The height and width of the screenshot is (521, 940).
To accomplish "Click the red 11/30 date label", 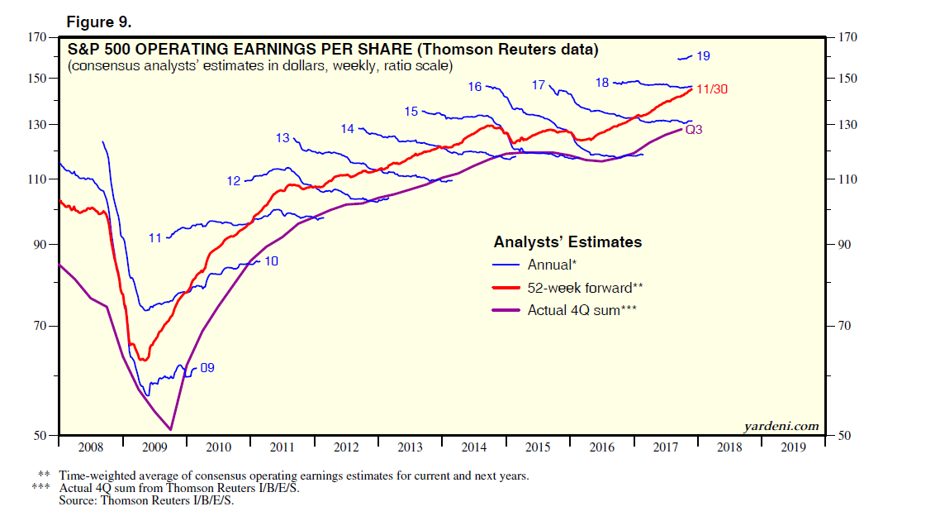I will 715,89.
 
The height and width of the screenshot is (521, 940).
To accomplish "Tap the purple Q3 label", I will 693,130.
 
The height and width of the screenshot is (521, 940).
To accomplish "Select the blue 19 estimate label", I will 703,56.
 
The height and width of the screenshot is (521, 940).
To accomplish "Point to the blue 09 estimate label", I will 207,367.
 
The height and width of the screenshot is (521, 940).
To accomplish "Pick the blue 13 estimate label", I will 282,138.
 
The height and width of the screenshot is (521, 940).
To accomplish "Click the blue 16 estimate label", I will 474,86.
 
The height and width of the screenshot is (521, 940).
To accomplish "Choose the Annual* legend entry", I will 551,265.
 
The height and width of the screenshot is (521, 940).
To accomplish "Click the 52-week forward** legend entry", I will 585,288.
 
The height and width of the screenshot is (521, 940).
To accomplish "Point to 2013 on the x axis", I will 410,447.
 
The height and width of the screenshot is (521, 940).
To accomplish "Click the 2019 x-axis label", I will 793,447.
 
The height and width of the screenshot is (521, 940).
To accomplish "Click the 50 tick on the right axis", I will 843,435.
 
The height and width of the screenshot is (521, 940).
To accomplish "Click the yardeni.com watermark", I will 781,427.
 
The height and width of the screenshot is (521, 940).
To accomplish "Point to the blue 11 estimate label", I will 155,238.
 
